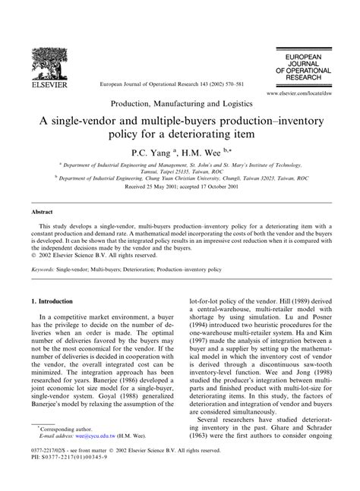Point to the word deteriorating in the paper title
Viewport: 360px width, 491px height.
pos(209,137)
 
